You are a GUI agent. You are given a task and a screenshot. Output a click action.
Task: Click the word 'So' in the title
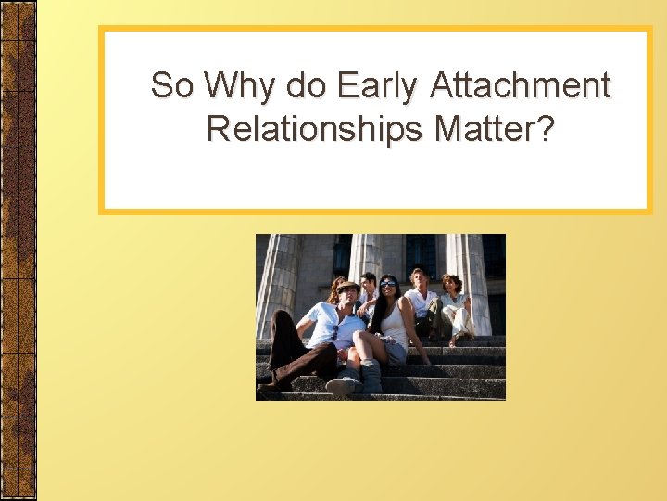coord(173,86)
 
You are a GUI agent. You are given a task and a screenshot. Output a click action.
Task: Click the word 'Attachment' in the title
coord(522,86)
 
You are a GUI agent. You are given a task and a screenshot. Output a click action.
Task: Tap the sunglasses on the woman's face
coord(387,285)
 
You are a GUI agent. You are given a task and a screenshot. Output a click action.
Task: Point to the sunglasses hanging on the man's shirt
coord(335,331)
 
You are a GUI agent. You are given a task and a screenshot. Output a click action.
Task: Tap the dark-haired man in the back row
coord(369,283)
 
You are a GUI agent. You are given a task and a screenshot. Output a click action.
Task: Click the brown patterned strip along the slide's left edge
coord(18,250)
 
